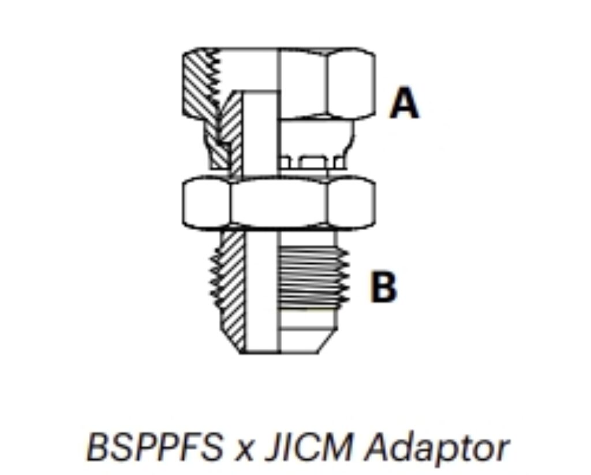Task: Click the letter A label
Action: (x=403, y=104)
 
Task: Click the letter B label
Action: (x=384, y=287)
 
